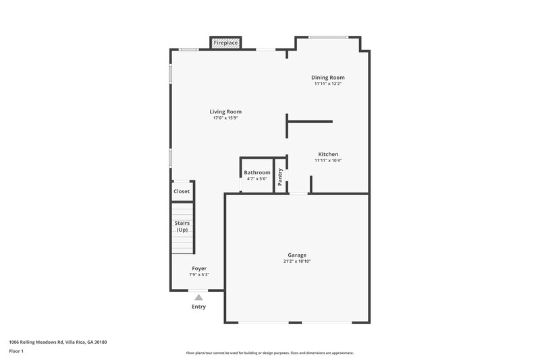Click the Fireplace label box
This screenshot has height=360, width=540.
point(225,43)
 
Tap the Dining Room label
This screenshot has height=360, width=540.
point(327,78)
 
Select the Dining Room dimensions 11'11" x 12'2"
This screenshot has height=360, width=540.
point(327,84)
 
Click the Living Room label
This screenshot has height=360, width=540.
point(225,111)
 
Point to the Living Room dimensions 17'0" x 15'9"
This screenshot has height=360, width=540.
point(225,118)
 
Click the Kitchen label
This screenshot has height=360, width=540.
point(328,154)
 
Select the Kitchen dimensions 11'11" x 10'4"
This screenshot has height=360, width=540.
point(328,161)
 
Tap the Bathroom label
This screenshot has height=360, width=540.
point(257,173)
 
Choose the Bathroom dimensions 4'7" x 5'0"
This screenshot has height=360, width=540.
point(257,179)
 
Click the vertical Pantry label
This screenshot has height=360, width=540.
point(280,176)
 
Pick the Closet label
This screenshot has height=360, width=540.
point(182,191)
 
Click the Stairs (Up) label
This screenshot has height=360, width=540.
point(182,226)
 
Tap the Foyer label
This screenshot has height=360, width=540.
point(198,268)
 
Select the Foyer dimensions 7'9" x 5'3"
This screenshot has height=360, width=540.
point(198,275)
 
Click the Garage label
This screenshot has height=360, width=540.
point(297,255)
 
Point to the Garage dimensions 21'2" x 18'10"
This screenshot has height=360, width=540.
point(297,261)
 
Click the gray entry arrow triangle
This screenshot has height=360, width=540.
point(198,297)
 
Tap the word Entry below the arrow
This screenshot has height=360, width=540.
point(198,307)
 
